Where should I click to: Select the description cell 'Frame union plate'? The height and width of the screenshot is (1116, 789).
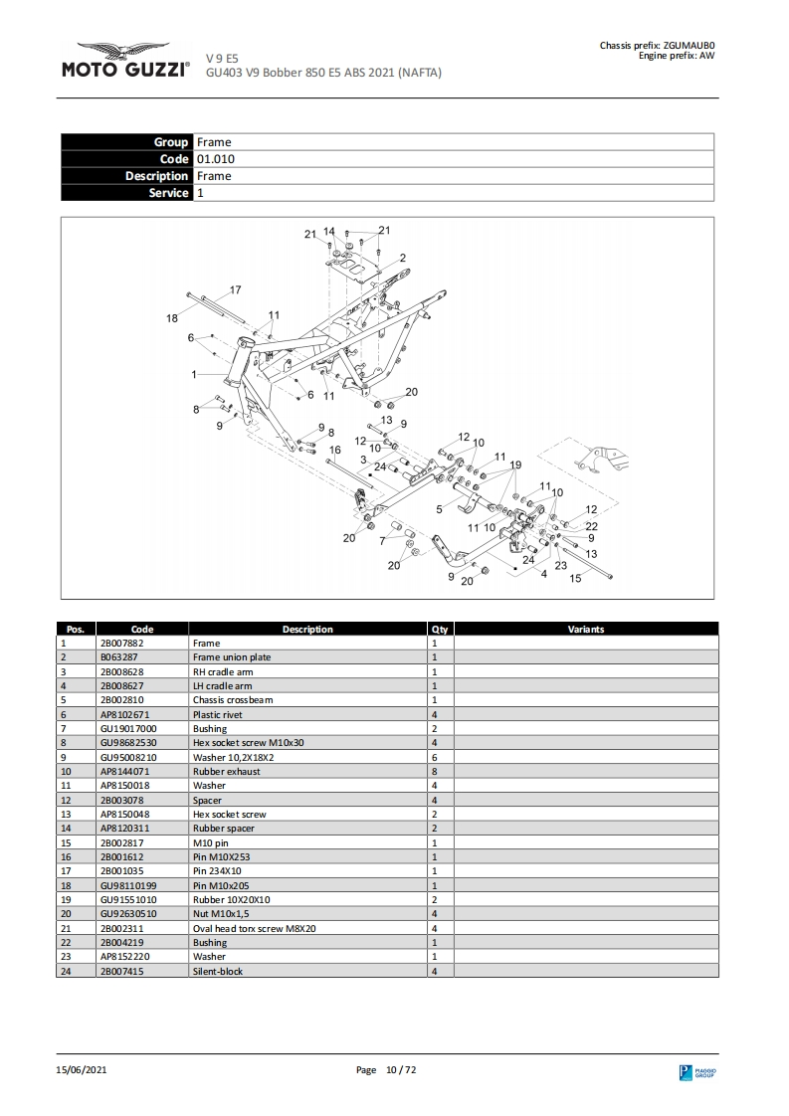click(231, 657)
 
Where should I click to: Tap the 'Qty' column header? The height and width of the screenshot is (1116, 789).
click(440, 629)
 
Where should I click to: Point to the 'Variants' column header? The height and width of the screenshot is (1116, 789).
click(585, 629)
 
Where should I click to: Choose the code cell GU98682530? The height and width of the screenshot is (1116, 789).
click(128, 743)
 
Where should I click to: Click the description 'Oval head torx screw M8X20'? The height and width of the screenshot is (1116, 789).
click(255, 928)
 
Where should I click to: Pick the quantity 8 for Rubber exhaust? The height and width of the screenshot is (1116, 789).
click(435, 772)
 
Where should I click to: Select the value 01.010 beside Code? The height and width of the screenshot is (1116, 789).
click(215, 159)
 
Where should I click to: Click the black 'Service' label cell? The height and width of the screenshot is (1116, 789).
click(126, 193)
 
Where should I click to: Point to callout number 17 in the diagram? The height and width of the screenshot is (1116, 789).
click(236, 290)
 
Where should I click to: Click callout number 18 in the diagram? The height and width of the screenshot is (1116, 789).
click(172, 318)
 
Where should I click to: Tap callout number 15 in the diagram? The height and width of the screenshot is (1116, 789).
click(575, 579)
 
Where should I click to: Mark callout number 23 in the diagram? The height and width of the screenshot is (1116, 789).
click(560, 565)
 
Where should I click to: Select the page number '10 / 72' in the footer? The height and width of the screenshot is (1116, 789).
click(400, 1069)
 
